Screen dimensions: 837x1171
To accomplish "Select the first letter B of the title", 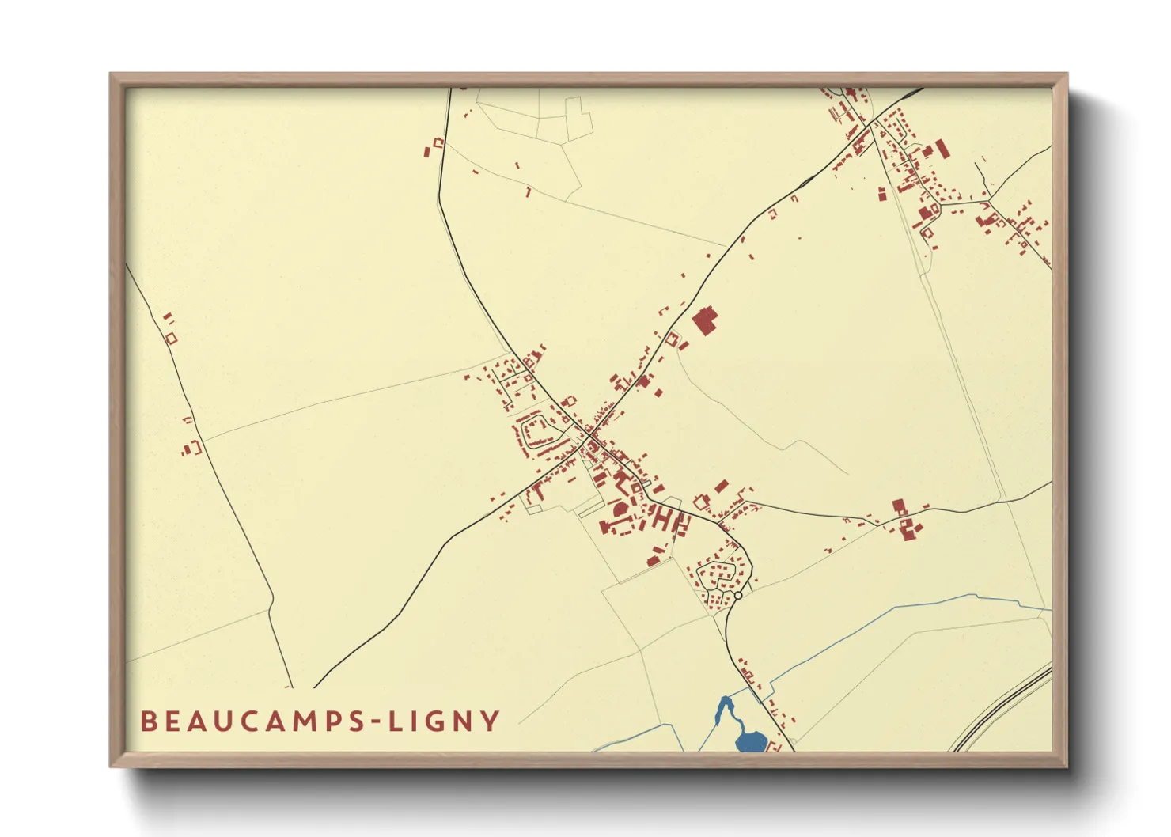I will (147, 721).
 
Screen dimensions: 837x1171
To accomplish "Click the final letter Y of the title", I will (492, 721).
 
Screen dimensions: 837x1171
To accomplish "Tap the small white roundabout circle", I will (738, 595).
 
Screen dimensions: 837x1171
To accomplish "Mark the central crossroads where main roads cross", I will (589, 433).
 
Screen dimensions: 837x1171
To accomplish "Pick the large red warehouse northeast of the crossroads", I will (704, 321).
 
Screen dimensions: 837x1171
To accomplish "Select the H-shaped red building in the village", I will (667, 520).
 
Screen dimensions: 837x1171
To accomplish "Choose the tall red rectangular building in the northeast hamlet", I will (941, 149).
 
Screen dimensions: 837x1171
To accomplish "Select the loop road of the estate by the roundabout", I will (720, 575).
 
